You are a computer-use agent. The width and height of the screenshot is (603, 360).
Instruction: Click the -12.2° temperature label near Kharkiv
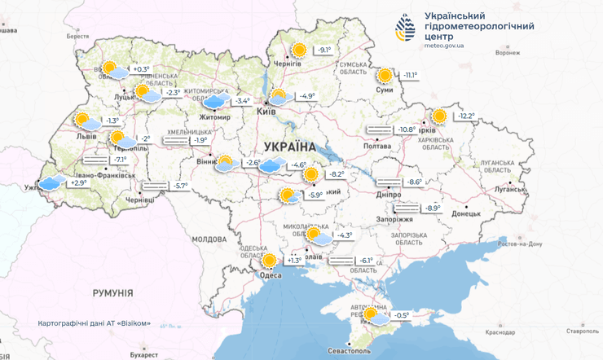coord(465,116)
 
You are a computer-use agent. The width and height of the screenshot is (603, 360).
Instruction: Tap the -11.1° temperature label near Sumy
coord(409,76)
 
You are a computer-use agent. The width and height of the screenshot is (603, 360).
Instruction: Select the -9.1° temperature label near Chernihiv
coord(325,50)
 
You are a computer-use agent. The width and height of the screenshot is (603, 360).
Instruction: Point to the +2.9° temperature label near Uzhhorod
coord(78,183)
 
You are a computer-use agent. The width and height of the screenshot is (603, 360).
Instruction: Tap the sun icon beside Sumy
coord(385,75)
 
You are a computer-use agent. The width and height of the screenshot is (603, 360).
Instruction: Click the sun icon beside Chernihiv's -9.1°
coord(299,50)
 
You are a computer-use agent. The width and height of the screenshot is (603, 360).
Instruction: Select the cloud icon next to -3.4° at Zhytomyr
coord(214,101)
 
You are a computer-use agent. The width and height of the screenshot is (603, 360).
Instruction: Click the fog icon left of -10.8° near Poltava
coord(379,130)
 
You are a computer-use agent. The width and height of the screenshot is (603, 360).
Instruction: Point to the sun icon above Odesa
coord(269,261)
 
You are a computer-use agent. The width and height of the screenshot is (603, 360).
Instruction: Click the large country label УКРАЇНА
coord(289,147)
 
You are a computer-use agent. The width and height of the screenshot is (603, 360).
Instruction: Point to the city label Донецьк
coord(467,213)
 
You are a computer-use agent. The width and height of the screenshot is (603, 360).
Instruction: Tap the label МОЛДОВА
coord(209,239)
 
